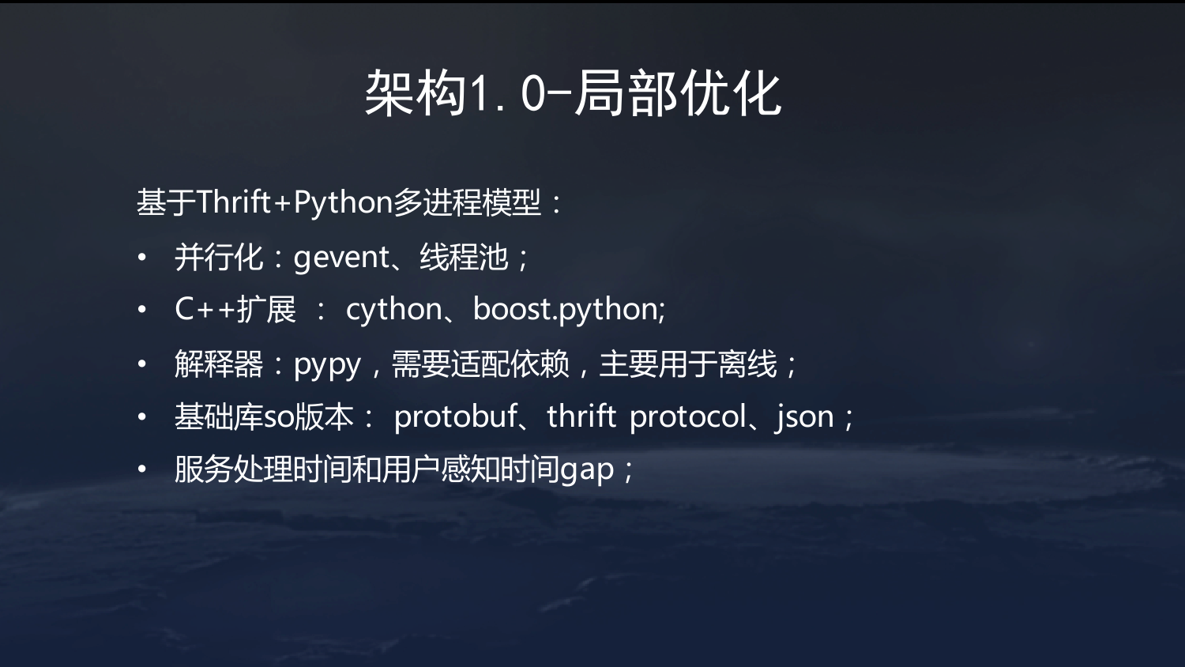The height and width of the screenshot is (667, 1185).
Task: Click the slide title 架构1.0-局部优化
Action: pyautogui.click(x=573, y=94)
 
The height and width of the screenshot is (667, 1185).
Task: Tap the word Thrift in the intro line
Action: pyautogui.click(x=234, y=202)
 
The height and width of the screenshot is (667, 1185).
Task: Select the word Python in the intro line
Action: pyautogui.click(x=343, y=203)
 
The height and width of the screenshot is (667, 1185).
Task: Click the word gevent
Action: pyautogui.click(x=342, y=258)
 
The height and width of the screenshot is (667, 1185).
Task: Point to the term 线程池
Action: pyautogui.click(x=464, y=258)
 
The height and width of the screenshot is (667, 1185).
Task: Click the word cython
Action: pyautogui.click(x=393, y=310)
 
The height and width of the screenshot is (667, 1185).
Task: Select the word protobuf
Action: pyautogui.click(x=455, y=416)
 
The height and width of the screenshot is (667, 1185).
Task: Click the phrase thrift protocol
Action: pyautogui.click(x=646, y=416)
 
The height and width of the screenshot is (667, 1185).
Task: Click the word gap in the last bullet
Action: pyautogui.click(x=587, y=470)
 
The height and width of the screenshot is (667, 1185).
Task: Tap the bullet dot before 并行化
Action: pyautogui.click(x=141, y=258)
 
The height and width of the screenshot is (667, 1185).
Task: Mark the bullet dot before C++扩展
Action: pyautogui.click(x=141, y=310)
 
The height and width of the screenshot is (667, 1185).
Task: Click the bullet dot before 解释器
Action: pyautogui.click(x=141, y=364)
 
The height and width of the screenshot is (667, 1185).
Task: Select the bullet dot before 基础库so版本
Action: pyautogui.click(x=141, y=417)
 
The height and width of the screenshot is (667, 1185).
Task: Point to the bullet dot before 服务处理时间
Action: pyautogui.click(x=141, y=469)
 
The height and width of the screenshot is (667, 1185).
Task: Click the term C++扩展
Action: pyautogui.click(x=235, y=309)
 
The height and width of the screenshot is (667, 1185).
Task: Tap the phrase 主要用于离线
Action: pyautogui.click(x=688, y=364)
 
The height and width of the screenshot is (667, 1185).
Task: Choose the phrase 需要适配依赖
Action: pyautogui.click(x=480, y=364)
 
